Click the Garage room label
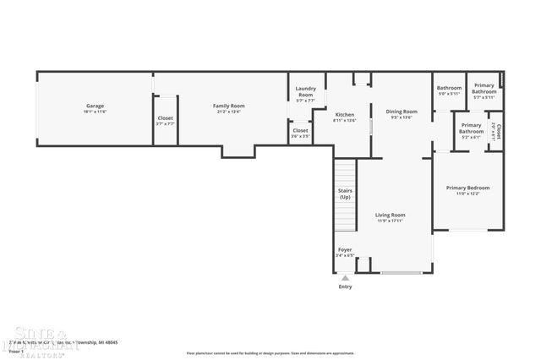click(x=95, y=106)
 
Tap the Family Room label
click(x=228, y=106)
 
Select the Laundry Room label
click(x=305, y=92)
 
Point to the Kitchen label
click(x=344, y=114)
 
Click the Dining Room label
click(x=402, y=112)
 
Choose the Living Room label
click(x=391, y=215)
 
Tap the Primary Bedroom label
click(x=467, y=188)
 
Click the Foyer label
click(x=345, y=249)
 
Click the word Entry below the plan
click(x=345, y=287)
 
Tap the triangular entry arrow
click(x=345, y=277)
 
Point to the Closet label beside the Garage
click(x=165, y=118)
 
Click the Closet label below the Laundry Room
click(x=301, y=130)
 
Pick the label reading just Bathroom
click(x=449, y=88)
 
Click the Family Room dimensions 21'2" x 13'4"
click(x=228, y=112)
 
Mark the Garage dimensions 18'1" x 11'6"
click(x=95, y=112)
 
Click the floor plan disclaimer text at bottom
click(x=270, y=352)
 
